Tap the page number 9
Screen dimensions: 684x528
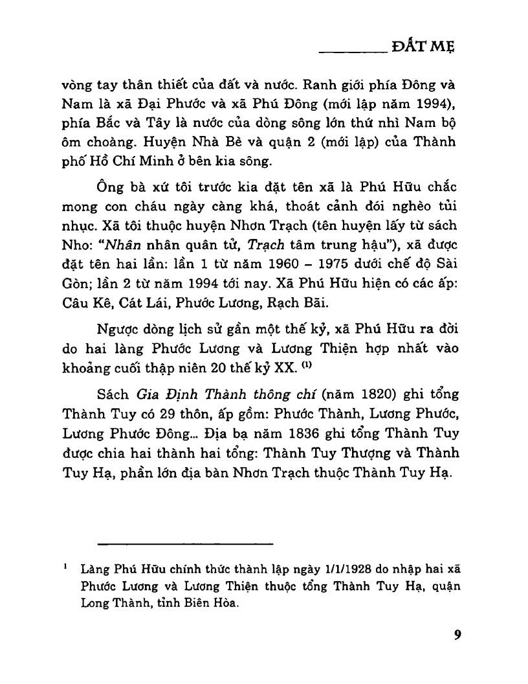click(x=457, y=634)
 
